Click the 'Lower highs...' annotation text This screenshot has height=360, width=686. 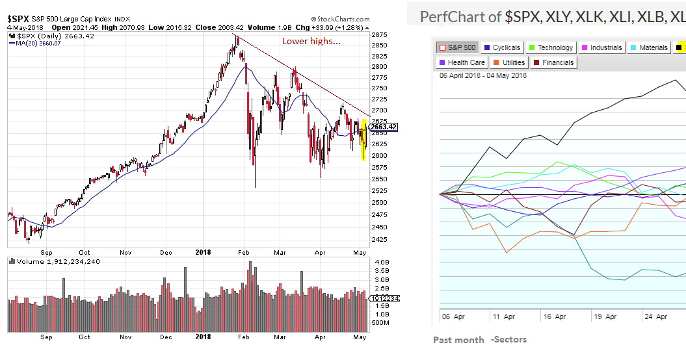pyautogui.click(x=311, y=42)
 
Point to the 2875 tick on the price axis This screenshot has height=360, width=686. pyautogui.click(x=379, y=34)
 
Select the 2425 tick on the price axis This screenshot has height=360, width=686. pyautogui.click(x=379, y=239)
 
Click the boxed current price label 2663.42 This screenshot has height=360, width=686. pyautogui.click(x=384, y=127)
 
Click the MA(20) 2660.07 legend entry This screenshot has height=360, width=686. pyautogui.click(x=36, y=44)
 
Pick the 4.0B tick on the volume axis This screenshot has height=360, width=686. pyautogui.click(x=381, y=262)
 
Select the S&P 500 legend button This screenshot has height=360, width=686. pyautogui.click(x=457, y=47)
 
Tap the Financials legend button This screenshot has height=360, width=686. pyautogui.click(x=553, y=62)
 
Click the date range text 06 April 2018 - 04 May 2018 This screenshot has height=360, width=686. pyautogui.click(x=483, y=75)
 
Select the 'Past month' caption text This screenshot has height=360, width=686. pyautogui.click(x=458, y=340)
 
